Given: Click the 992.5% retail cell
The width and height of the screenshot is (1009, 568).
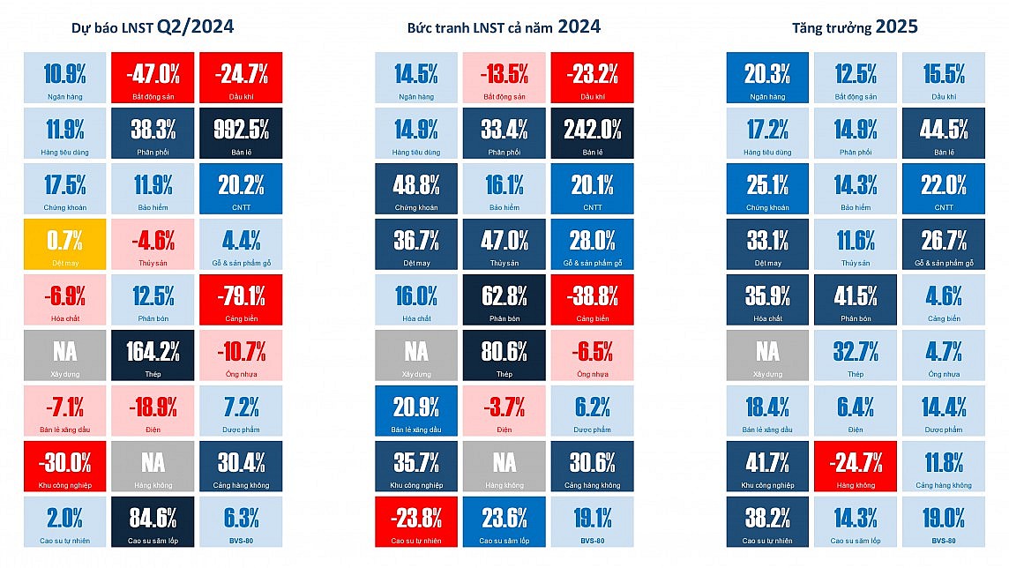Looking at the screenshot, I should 241,134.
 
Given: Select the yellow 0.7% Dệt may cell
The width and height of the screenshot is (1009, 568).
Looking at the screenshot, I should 64,244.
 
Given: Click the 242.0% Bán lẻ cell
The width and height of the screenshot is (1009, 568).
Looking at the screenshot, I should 592,134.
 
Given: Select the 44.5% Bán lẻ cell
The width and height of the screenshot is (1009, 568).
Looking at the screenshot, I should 943,134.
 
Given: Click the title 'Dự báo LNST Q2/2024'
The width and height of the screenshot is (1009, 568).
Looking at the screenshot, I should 153,27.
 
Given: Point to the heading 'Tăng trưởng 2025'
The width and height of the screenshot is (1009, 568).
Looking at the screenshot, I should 855,27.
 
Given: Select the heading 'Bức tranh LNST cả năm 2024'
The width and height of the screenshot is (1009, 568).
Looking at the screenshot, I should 504,27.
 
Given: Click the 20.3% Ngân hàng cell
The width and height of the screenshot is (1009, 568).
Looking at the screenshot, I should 767,78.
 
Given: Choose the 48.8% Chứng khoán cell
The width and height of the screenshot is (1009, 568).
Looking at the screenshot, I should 416,189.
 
